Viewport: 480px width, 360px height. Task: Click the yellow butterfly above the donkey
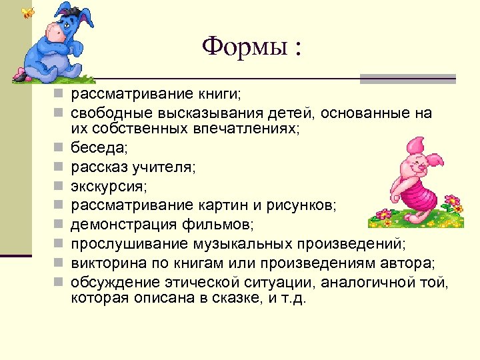click(x=27, y=13)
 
